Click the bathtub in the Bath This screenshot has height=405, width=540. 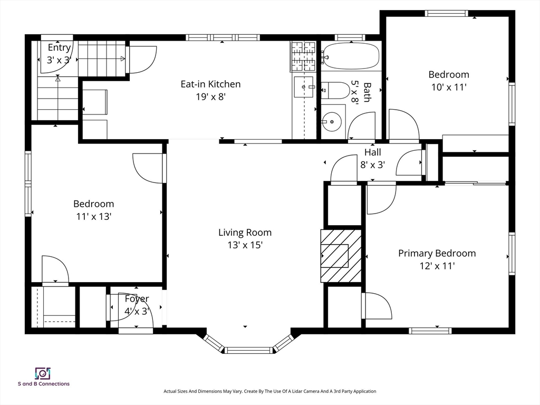coord(352,56)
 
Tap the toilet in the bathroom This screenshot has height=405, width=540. coord(335,90)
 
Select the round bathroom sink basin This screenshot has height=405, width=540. coord(332,122)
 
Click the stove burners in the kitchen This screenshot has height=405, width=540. coord(303,55)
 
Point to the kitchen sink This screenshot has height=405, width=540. coord(304,87)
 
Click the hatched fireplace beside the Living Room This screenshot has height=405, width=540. coord(341,256)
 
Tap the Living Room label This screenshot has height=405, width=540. coord(245,233)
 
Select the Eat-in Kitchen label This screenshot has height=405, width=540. coord(210,84)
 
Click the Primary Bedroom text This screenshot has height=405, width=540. coord(437,254)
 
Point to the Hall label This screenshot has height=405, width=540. coord(373,152)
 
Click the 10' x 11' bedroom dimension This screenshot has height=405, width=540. coord(449,87)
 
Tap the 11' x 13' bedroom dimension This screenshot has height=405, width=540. coord(94,216)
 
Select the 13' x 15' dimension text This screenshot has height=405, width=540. coord(245,245)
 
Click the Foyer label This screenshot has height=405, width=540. coord(137,298)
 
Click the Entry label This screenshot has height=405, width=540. coord(59,47)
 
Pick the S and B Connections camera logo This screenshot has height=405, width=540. coord(43,373)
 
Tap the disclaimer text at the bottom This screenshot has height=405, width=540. coord(269,391)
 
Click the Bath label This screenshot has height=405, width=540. coord(367,92)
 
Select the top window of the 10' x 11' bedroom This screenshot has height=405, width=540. coord(446,13)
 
